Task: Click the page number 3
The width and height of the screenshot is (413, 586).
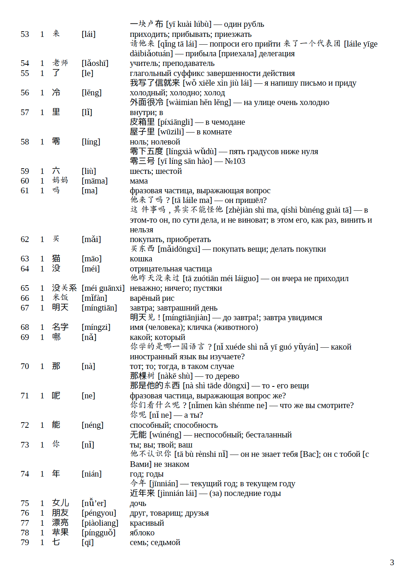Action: click(x=392, y=562)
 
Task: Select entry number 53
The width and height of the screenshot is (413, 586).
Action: click(x=25, y=34)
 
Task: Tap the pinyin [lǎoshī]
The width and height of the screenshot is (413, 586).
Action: click(x=95, y=63)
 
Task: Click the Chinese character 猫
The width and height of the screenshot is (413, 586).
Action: click(x=56, y=258)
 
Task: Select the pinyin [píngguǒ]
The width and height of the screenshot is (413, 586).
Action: click(x=99, y=533)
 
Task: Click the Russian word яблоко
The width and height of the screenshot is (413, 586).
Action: click(x=142, y=533)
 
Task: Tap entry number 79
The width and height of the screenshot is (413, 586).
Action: click(x=25, y=542)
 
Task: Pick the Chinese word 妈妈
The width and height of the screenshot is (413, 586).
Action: click(x=60, y=181)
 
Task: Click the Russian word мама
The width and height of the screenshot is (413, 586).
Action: click(x=138, y=181)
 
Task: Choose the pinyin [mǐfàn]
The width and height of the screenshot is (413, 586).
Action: click(x=94, y=298)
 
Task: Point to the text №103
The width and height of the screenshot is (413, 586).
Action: click(x=235, y=161)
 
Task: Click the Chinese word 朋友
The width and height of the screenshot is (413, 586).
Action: click(x=60, y=513)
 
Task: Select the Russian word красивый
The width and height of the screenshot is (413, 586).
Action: click(x=147, y=523)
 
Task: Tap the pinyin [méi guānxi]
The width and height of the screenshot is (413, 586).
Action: click(x=103, y=288)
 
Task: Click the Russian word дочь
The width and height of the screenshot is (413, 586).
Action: click(x=138, y=503)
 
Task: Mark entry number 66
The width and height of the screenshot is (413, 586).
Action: click(x=25, y=298)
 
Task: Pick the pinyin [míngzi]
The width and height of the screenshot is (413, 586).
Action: click(x=96, y=327)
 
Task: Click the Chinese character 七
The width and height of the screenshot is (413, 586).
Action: click(x=56, y=542)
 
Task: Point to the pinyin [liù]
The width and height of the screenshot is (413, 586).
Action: click(x=89, y=171)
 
